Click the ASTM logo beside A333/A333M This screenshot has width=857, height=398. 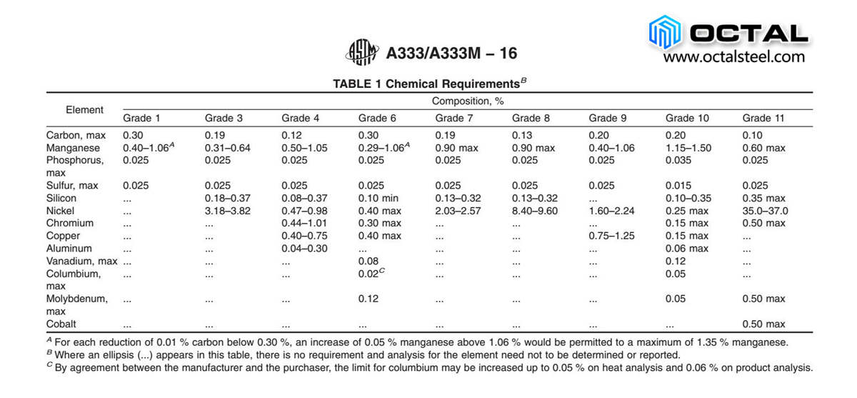[362, 52]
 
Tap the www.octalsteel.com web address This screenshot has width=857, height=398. [734, 56]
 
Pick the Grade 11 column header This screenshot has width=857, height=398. [763, 118]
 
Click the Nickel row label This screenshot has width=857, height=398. [61, 211]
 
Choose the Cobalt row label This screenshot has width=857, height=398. [61, 324]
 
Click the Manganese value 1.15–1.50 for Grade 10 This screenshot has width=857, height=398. [688, 148]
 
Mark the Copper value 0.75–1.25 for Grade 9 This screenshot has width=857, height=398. [611, 236]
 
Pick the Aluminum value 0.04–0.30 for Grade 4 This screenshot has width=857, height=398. [304, 248]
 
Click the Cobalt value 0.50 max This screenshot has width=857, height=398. [763, 324]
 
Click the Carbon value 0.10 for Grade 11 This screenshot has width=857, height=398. [753, 135]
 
